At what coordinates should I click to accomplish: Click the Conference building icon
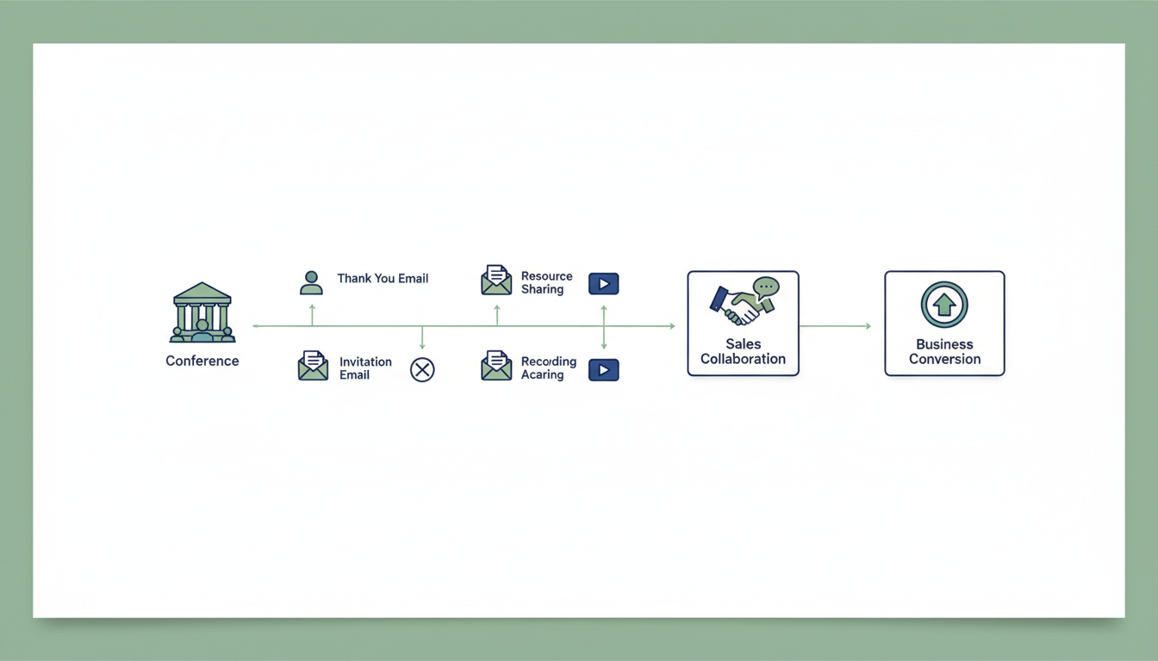coord(202,312)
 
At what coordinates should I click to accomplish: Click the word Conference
coord(202,361)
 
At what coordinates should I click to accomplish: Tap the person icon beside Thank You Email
coord(311,282)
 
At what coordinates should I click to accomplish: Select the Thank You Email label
coord(383,278)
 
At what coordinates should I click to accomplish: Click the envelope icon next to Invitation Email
coord(313,366)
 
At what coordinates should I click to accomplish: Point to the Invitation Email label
coord(365,368)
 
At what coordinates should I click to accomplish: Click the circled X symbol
coord(422,370)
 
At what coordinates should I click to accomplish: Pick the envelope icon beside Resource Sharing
coord(496,281)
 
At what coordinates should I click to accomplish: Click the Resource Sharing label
coord(546,282)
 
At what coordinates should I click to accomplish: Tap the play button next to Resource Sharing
coord(603,283)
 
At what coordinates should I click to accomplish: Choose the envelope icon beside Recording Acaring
coord(496,366)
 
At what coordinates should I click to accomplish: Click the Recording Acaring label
coord(548,368)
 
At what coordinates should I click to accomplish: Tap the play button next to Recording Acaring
coord(603,370)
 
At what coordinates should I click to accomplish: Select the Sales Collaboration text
coord(743,351)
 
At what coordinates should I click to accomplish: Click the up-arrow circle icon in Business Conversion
coord(944,305)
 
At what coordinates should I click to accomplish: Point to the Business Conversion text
coord(944,351)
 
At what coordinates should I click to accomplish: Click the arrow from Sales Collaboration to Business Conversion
coord(835,326)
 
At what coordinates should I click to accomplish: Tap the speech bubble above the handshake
coord(765,287)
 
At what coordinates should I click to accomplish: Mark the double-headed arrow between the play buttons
coord(603,326)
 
